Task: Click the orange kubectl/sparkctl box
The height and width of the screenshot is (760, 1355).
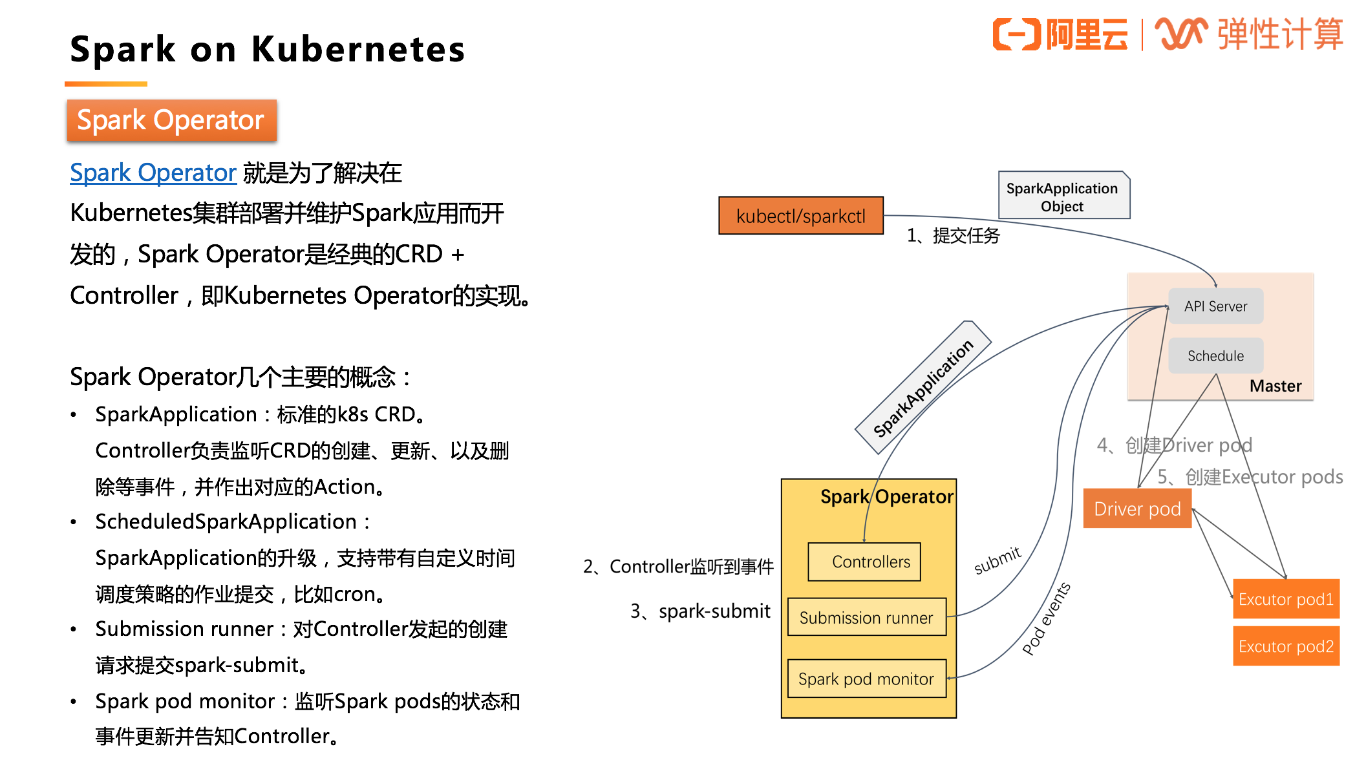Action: (800, 216)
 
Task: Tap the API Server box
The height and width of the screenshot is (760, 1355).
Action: (1215, 306)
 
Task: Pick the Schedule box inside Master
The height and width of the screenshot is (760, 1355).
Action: (1215, 356)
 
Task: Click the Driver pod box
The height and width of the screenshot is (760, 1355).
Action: (1137, 509)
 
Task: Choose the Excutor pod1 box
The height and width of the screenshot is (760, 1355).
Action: (1286, 599)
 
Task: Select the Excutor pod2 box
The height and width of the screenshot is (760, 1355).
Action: (1286, 646)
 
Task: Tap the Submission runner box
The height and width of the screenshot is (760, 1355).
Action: (866, 618)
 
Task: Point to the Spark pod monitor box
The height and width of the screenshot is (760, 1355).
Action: (866, 679)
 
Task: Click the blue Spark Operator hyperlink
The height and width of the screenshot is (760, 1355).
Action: (153, 173)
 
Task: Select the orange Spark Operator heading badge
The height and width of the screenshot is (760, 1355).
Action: (171, 120)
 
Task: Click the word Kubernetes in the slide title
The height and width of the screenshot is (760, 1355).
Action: (358, 50)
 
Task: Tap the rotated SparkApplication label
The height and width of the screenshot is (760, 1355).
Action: (923, 388)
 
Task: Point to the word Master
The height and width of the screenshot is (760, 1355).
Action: (1275, 386)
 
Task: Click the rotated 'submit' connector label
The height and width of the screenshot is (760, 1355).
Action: (998, 560)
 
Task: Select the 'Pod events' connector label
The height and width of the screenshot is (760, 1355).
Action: (1046, 618)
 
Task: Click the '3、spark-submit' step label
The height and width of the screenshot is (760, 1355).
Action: (701, 611)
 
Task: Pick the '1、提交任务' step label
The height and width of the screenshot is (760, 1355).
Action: (953, 236)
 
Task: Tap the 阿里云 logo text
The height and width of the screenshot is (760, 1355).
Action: (1086, 34)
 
